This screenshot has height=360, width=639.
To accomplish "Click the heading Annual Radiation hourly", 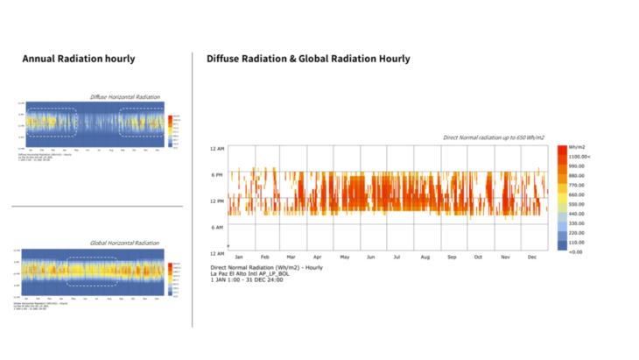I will coord(79,59).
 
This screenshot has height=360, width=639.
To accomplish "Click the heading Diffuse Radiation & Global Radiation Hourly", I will coord(308,59).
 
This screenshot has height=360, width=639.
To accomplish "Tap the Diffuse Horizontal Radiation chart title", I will coord(124,96).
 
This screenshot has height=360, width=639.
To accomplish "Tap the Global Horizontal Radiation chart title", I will coord(125,243).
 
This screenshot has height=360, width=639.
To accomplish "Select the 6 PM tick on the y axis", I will coord(217,174).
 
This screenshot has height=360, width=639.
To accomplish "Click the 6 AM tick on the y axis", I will coord(217,227).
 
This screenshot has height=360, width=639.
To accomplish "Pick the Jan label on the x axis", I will coord(239,257).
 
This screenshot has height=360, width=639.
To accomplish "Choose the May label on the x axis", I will coord(346,257).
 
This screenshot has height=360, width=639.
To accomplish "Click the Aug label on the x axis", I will coord(425,257).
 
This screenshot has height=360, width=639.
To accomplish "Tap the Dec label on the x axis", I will coord(532,257).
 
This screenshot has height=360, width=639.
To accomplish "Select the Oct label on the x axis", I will coord(479,257).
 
